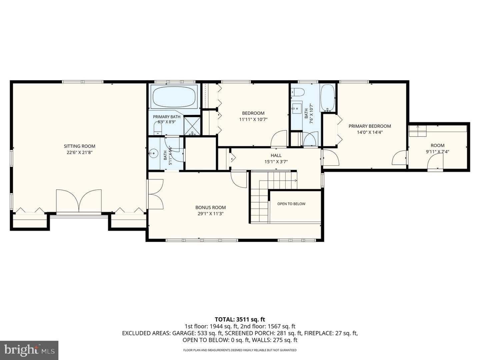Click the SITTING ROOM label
point(79,146)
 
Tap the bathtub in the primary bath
point(174,96)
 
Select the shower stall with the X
point(192,126)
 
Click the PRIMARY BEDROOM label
point(370,126)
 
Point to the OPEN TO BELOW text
point(291,204)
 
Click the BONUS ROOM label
point(211,207)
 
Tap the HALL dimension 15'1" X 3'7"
point(276,162)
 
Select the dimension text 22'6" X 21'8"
point(80,152)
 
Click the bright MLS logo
point(29,350)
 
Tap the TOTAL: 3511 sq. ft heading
point(240,319)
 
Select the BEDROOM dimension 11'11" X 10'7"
point(253,120)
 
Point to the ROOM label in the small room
point(438,145)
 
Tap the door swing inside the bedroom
point(279,138)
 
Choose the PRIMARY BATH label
point(167,117)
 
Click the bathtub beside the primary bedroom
point(327,98)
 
